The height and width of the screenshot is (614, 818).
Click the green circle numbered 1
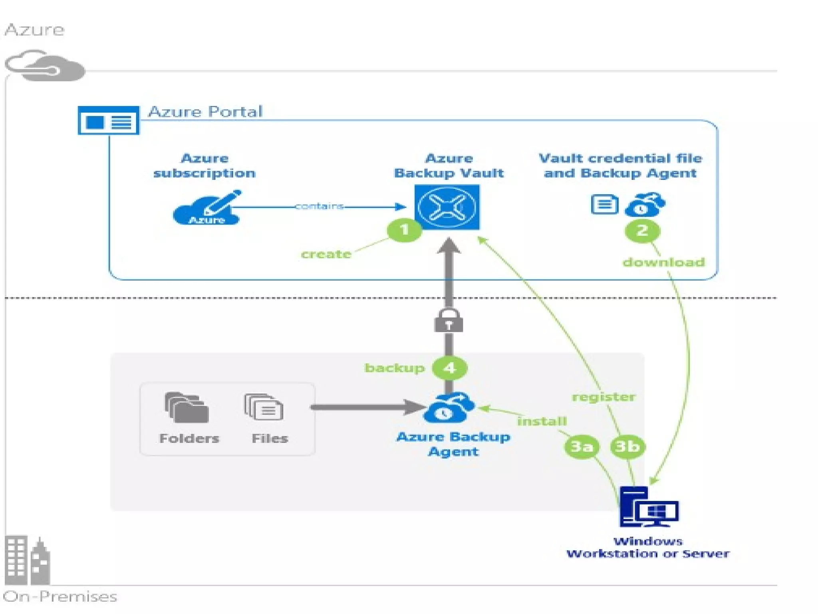pyautogui.click(x=404, y=230)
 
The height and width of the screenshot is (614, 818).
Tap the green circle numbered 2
pyautogui.click(x=642, y=231)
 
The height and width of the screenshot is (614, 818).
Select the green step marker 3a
pyautogui.click(x=581, y=446)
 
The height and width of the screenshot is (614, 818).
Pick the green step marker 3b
pyautogui.click(x=627, y=446)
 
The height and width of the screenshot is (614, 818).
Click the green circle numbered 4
pyautogui.click(x=450, y=368)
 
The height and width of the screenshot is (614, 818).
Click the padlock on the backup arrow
pyautogui.click(x=449, y=321)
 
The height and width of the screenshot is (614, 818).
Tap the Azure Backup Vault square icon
pyautogui.click(x=447, y=207)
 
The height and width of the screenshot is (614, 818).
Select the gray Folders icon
pyautogui.click(x=187, y=408)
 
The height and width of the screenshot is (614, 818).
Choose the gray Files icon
pyautogui.click(x=264, y=407)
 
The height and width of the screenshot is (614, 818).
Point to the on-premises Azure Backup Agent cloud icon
pyautogui.click(x=449, y=408)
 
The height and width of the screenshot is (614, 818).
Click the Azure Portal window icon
pyautogui.click(x=109, y=120)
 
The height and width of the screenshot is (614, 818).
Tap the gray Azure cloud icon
pyautogui.click(x=45, y=66)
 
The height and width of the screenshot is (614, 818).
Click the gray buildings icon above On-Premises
pyautogui.click(x=27, y=560)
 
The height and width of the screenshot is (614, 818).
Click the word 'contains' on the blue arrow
pyautogui.click(x=319, y=206)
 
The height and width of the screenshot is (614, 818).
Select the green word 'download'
pyautogui.click(x=663, y=262)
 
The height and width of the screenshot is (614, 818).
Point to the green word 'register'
pyautogui.click(x=604, y=397)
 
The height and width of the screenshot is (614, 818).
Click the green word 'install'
pyautogui.click(x=542, y=421)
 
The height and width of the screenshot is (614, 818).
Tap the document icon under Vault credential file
pyautogui.click(x=604, y=204)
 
